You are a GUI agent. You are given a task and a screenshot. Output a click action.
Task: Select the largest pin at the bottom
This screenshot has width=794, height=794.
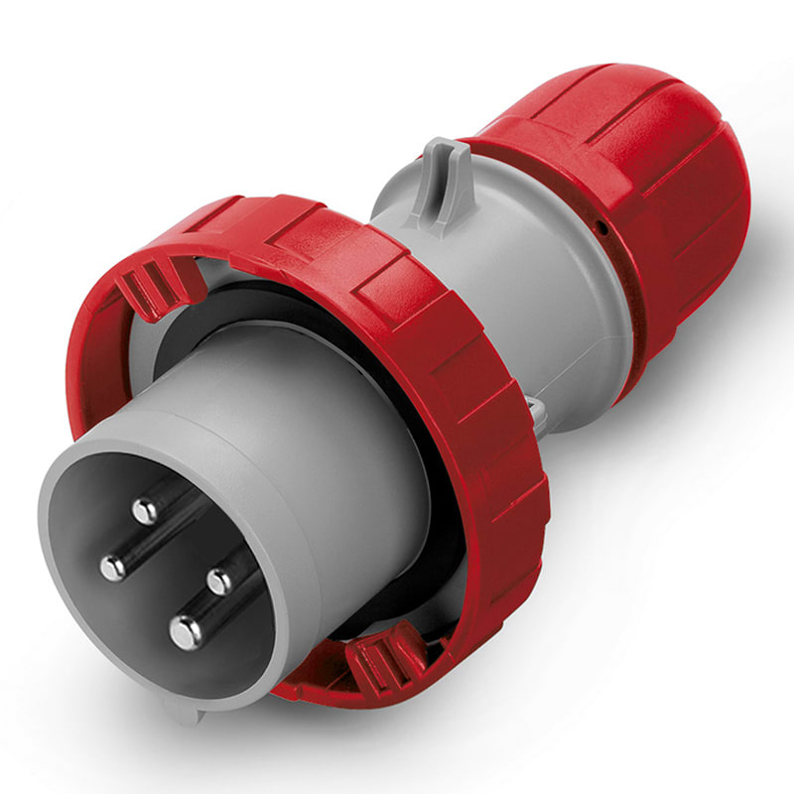pyautogui.click(x=186, y=631)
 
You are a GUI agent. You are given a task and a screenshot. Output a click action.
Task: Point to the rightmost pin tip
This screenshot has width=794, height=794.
pyautogui.click(x=218, y=582)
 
